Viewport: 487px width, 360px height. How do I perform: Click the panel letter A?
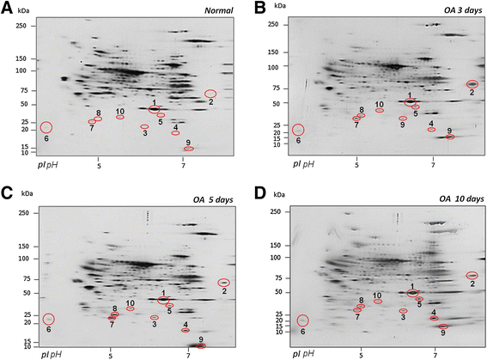[7, 8]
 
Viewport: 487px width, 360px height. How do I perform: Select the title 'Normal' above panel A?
[219, 10]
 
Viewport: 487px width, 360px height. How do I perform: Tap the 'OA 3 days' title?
[463, 10]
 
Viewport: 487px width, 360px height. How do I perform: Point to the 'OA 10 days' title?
[461, 198]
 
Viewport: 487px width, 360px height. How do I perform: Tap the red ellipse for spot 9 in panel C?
[201, 345]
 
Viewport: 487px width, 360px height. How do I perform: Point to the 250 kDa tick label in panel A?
[21, 26]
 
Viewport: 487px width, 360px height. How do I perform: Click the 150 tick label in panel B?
[273, 52]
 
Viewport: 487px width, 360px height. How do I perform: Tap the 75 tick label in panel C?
[27, 279]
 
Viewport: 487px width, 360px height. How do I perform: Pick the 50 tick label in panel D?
[277, 292]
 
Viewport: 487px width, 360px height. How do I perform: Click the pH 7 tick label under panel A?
[183, 166]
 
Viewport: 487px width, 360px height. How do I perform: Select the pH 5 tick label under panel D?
[361, 355]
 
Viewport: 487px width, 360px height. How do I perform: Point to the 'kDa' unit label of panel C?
[27, 193]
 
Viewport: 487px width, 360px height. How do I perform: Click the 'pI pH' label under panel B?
[303, 164]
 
